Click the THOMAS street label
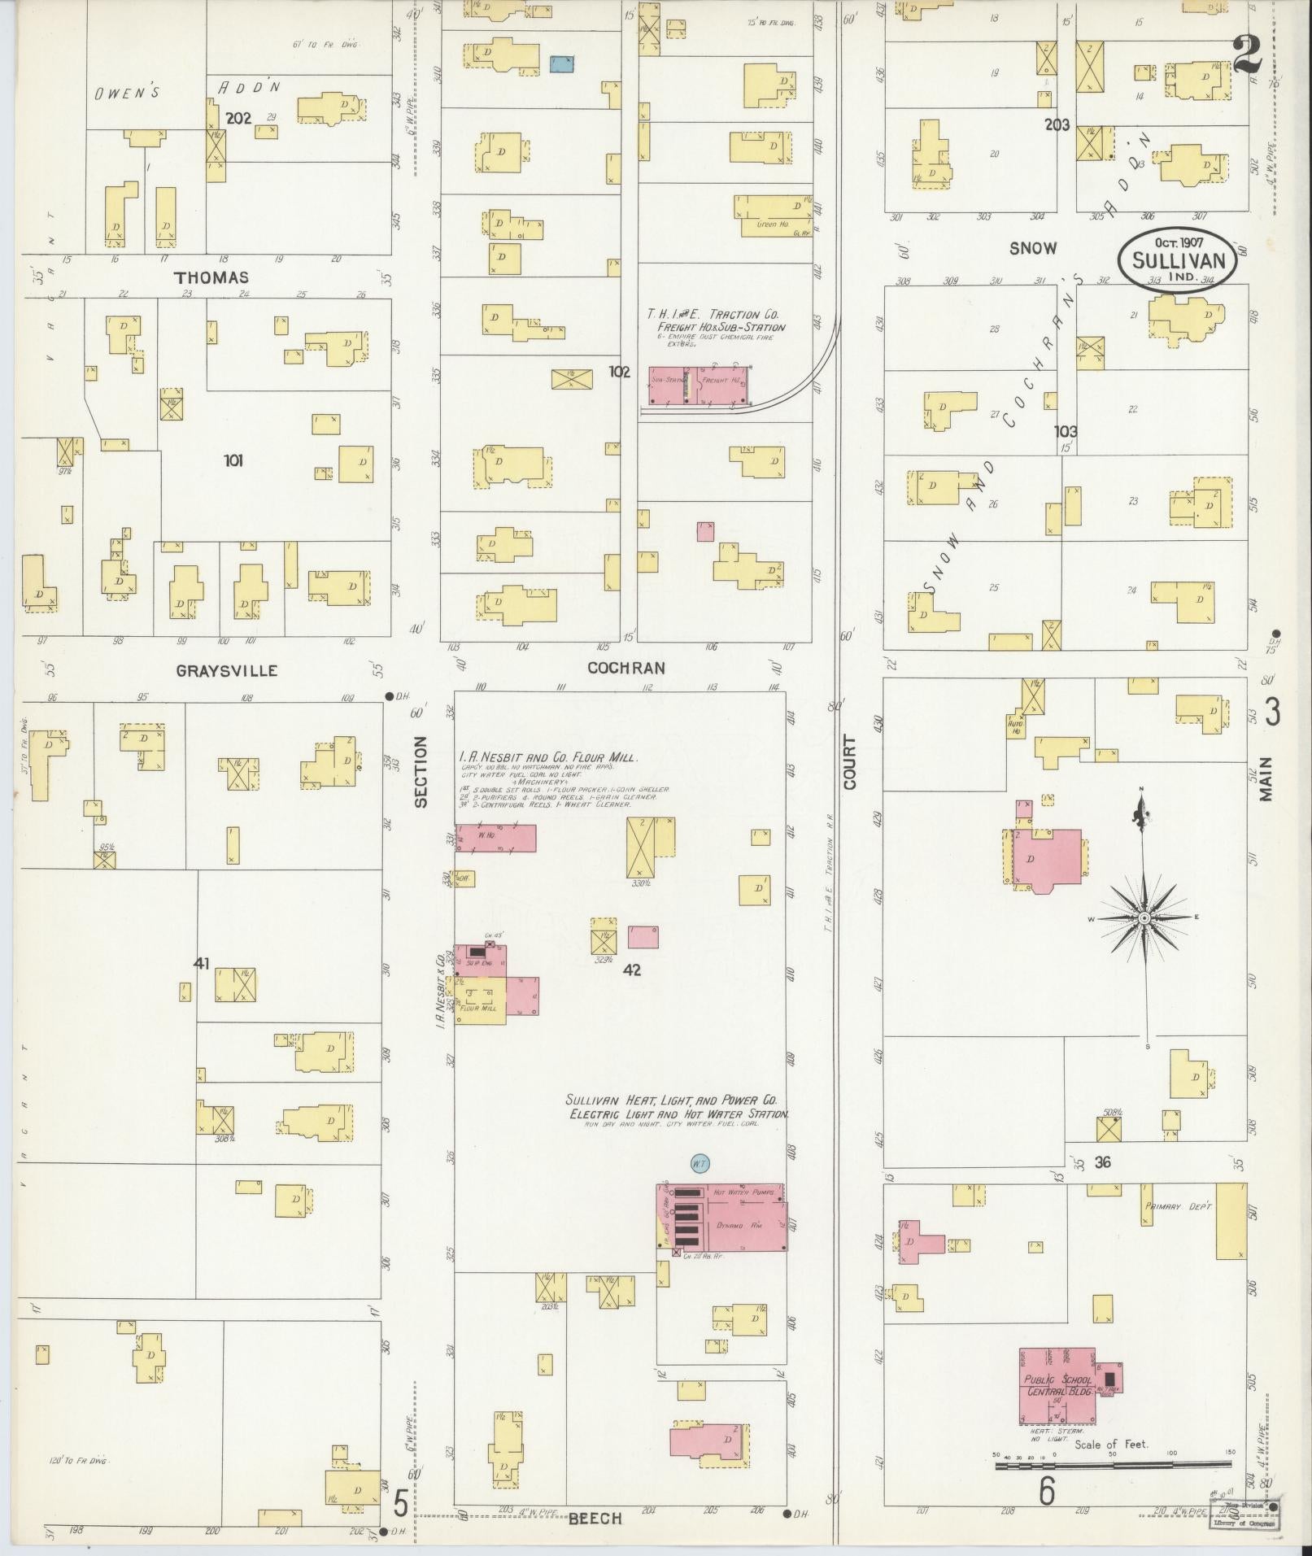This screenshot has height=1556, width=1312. (x=211, y=278)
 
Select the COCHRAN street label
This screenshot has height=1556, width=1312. (x=626, y=668)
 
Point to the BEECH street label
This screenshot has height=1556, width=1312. (x=595, y=1519)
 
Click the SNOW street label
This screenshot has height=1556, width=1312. (x=1032, y=249)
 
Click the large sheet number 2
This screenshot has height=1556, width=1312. (x=1247, y=55)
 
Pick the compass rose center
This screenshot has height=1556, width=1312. (x=1144, y=917)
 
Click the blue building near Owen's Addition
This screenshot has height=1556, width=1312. (x=561, y=63)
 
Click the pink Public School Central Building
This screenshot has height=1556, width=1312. (x=1057, y=1385)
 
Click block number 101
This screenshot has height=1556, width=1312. (x=233, y=461)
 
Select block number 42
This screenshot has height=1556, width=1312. (x=632, y=970)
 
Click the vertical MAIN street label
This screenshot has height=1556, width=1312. (x=1266, y=778)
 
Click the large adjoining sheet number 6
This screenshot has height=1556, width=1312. (x=1046, y=1491)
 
